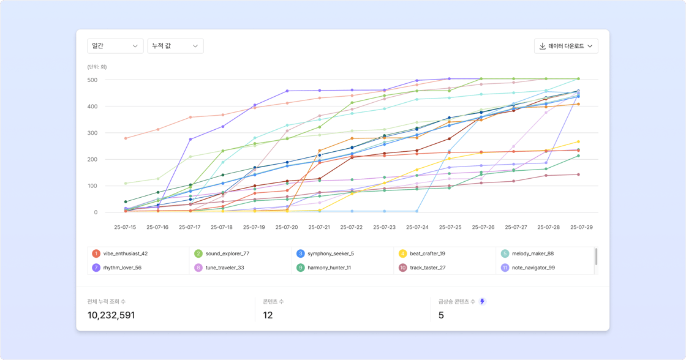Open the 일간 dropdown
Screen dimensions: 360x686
point(115,46)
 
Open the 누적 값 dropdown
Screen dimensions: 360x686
point(175,46)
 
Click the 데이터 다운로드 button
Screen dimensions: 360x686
point(566,46)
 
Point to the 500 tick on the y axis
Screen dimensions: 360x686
point(92,80)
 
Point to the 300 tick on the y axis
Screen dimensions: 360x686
point(92,133)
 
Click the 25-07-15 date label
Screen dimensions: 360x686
point(125,227)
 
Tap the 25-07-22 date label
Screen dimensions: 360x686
point(352,227)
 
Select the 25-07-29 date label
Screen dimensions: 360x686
point(581,227)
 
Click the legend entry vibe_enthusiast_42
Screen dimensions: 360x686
point(125,253)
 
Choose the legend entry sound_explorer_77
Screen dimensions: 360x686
point(227,253)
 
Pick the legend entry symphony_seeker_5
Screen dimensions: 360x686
point(330,253)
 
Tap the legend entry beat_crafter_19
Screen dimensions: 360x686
point(427,253)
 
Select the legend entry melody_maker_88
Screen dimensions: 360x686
point(532,253)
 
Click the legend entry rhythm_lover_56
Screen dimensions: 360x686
point(122,268)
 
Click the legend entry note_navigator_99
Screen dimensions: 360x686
point(533,268)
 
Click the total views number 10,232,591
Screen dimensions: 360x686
point(111,315)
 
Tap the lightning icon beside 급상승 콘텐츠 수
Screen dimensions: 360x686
point(483,301)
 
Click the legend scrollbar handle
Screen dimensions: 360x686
point(596,257)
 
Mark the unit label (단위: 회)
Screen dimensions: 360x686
point(97,67)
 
